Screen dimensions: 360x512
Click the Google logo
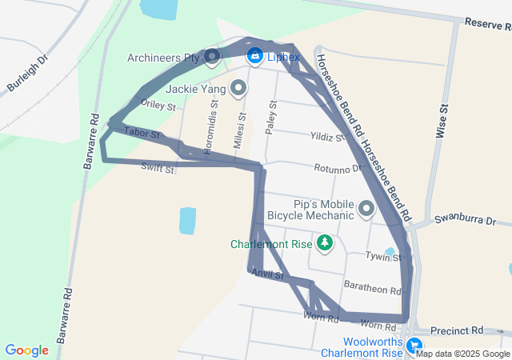point(27,350)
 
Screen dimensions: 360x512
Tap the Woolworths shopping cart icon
point(414,346)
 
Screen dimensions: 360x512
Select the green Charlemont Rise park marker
point(325,242)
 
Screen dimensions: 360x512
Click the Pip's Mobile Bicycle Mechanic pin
point(367,210)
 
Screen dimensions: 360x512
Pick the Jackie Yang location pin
point(238,88)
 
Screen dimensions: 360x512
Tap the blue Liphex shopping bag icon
point(254,57)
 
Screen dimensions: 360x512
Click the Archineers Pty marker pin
point(212,56)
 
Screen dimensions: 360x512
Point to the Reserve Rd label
point(486,26)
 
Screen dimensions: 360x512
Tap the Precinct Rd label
point(456,330)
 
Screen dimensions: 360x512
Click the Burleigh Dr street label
point(27,73)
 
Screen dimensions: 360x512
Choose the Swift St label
point(157,168)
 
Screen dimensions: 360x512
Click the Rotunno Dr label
point(339,169)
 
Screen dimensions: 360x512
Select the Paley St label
point(272,117)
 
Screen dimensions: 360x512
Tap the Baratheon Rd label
point(371,288)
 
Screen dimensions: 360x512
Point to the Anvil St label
point(268,274)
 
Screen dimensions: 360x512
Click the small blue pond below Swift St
point(187,221)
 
